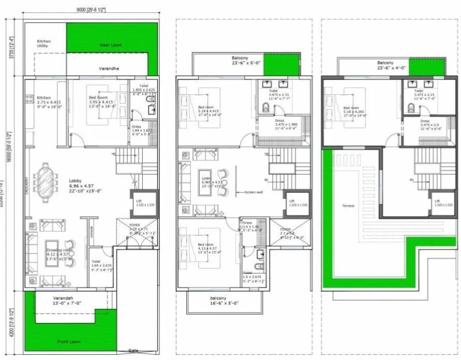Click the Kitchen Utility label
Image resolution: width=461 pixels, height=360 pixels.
coord(44,44)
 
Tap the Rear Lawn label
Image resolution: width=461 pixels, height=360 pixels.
coord(111,45)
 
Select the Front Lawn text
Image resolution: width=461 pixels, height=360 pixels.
coord(69,342)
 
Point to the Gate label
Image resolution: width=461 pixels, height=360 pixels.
coord(133,351)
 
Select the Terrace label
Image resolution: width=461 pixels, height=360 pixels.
coord(348,206)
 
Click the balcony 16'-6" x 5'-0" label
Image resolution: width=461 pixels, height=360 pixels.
coord(218,302)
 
